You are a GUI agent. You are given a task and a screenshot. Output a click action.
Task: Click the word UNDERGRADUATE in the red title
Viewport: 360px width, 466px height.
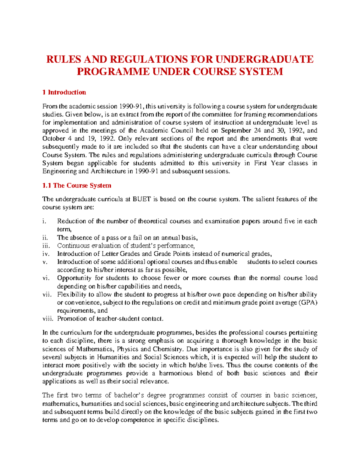coord(264,59)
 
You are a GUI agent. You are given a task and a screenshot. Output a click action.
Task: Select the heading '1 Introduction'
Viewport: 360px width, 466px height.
coord(64,92)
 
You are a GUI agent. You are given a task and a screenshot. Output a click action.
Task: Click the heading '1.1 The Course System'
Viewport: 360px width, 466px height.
coord(77,185)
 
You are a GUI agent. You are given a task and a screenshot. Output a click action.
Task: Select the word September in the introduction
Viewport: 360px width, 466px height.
coord(235,131)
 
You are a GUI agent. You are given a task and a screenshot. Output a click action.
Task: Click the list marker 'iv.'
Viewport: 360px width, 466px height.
coord(45,254)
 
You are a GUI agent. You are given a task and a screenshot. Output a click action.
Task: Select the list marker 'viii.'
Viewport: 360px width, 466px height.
coord(47,319)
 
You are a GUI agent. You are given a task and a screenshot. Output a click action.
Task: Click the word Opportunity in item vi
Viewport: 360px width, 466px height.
coord(74,278)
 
